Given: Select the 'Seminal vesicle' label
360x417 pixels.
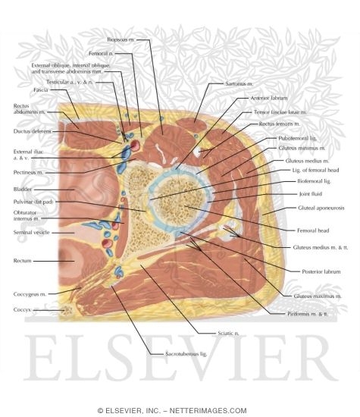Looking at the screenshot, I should tap(29, 232).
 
